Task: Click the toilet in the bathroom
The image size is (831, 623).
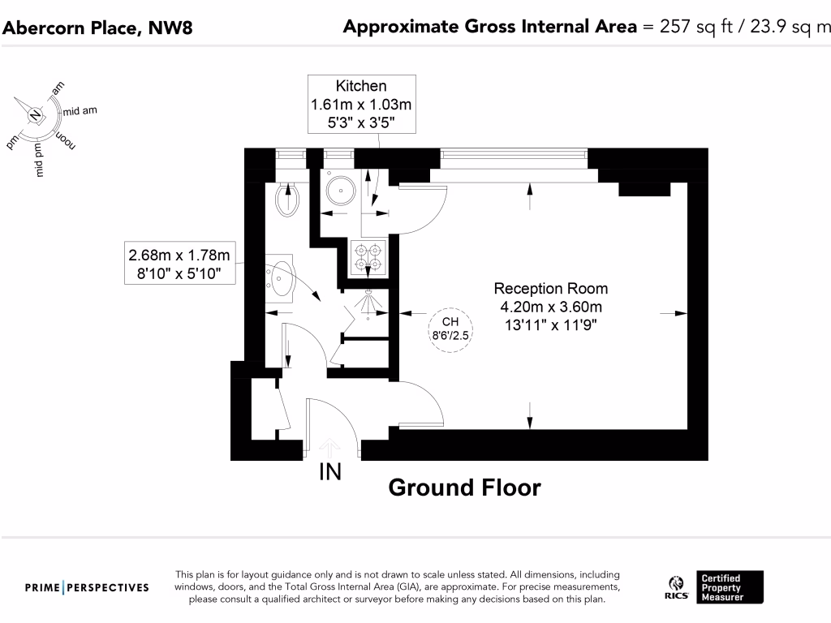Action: point(288,200)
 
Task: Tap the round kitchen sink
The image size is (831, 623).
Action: point(340,192)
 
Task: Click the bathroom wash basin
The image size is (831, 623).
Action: point(281,278)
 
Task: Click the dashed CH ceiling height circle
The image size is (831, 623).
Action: point(450,329)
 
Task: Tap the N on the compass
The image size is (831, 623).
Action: point(35,115)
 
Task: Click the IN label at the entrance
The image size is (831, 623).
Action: point(329,472)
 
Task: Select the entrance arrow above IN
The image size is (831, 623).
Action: point(329,445)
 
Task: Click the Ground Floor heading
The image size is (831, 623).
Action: point(464,488)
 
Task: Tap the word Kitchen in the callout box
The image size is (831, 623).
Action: point(361,86)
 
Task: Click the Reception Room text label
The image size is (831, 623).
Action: point(550,288)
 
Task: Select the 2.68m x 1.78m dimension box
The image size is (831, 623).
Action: point(179,264)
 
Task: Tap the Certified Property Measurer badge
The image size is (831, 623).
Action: point(730,587)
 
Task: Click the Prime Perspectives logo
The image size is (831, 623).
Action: point(87,587)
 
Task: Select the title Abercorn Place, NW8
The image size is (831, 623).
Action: point(98,28)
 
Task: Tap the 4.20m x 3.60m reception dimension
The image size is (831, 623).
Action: point(550,307)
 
